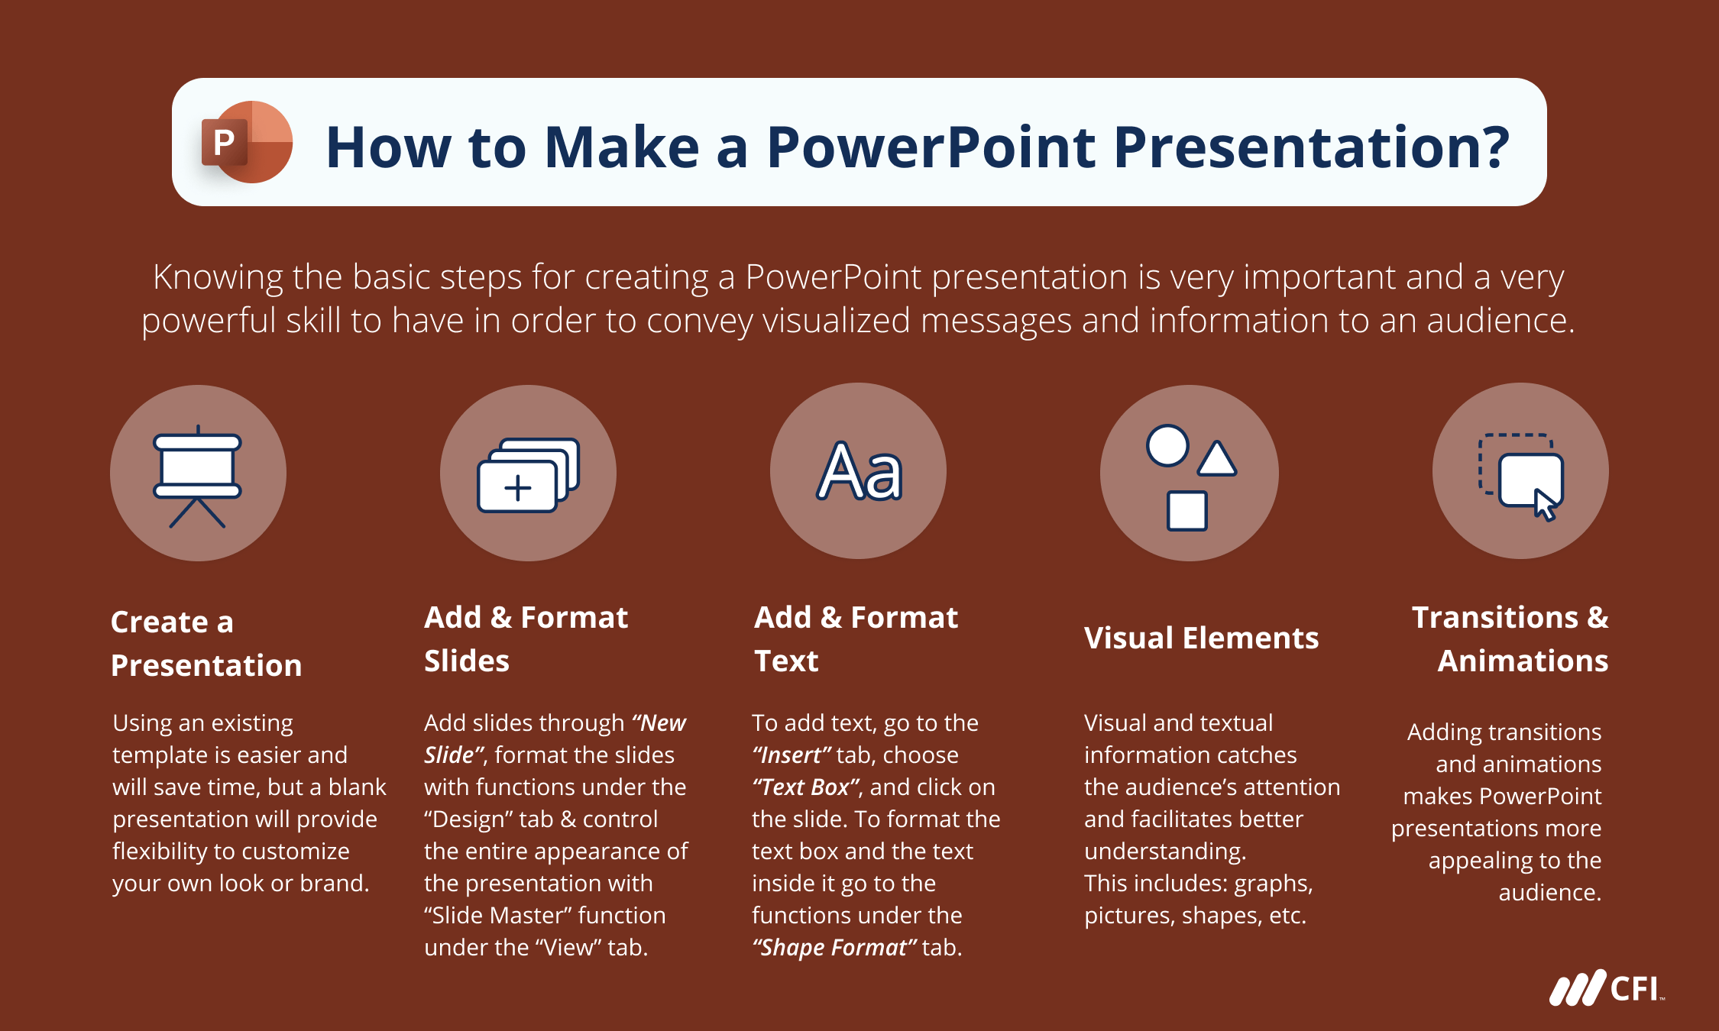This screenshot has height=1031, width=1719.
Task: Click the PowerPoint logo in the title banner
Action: click(247, 142)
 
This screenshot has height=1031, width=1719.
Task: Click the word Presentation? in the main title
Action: click(1311, 147)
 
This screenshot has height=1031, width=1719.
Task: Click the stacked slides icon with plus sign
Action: click(528, 475)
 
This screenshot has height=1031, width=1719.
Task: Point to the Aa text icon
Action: click(859, 472)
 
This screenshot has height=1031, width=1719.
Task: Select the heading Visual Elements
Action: click(1201, 638)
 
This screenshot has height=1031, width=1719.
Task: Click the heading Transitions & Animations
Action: click(1510, 638)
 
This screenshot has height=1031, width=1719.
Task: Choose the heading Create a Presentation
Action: click(206, 643)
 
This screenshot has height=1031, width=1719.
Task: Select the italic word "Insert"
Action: click(792, 755)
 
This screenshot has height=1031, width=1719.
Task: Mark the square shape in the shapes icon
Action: click(1186, 511)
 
